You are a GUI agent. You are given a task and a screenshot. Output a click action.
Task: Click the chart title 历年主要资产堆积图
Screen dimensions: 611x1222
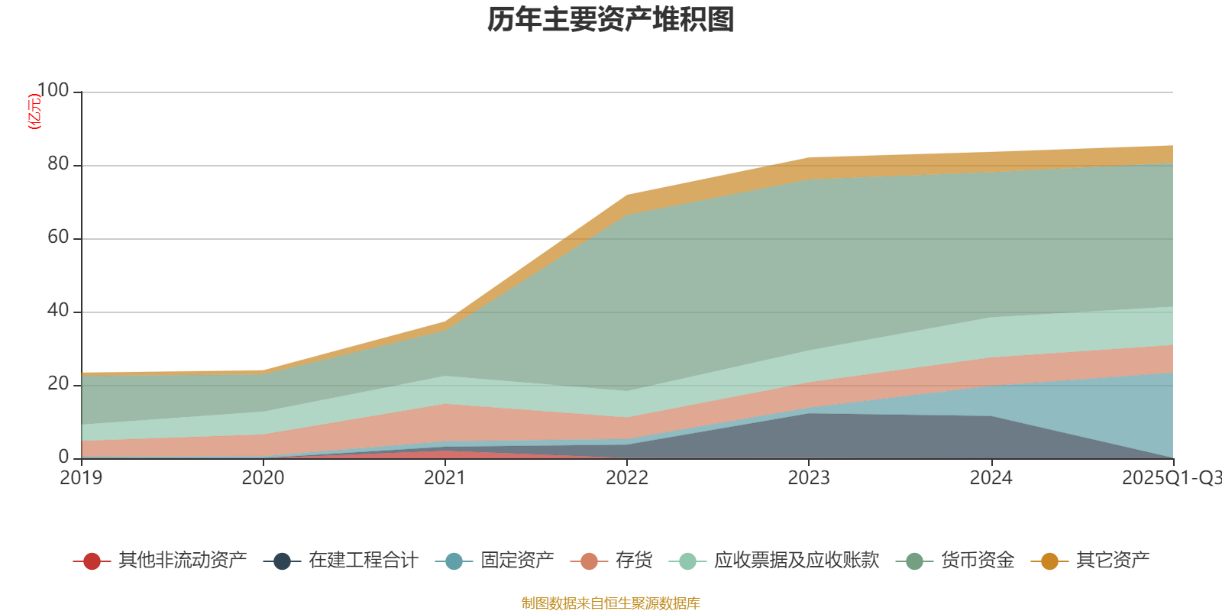click(611, 20)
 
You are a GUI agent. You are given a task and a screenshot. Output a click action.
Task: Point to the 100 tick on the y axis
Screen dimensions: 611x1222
click(53, 91)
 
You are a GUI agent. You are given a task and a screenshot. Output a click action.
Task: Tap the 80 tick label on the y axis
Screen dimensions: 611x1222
click(58, 164)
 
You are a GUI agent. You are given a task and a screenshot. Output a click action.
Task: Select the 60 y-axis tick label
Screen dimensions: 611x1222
click(58, 238)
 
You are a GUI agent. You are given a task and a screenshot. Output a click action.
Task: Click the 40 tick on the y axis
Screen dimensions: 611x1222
click(58, 311)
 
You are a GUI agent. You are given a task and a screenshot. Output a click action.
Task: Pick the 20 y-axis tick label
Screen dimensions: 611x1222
click(58, 384)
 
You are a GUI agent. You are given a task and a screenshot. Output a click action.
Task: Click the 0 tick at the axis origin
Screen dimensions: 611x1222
click(64, 457)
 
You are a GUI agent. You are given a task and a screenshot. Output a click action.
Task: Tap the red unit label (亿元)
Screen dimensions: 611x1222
click(34, 112)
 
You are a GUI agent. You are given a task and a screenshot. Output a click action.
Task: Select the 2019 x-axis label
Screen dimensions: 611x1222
click(81, 478)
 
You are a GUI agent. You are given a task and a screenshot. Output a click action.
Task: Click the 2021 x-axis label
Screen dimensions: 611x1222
click(445, 478)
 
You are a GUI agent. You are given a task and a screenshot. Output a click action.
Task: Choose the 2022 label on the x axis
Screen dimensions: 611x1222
click(626, 478)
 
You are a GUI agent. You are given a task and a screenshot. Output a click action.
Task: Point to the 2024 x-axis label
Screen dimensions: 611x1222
click(991, 478)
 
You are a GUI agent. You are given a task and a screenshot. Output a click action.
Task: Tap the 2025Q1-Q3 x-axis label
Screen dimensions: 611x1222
click(1170, 478)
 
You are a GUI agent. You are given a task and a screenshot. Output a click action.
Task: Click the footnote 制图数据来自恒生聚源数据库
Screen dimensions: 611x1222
click(611, 603)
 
